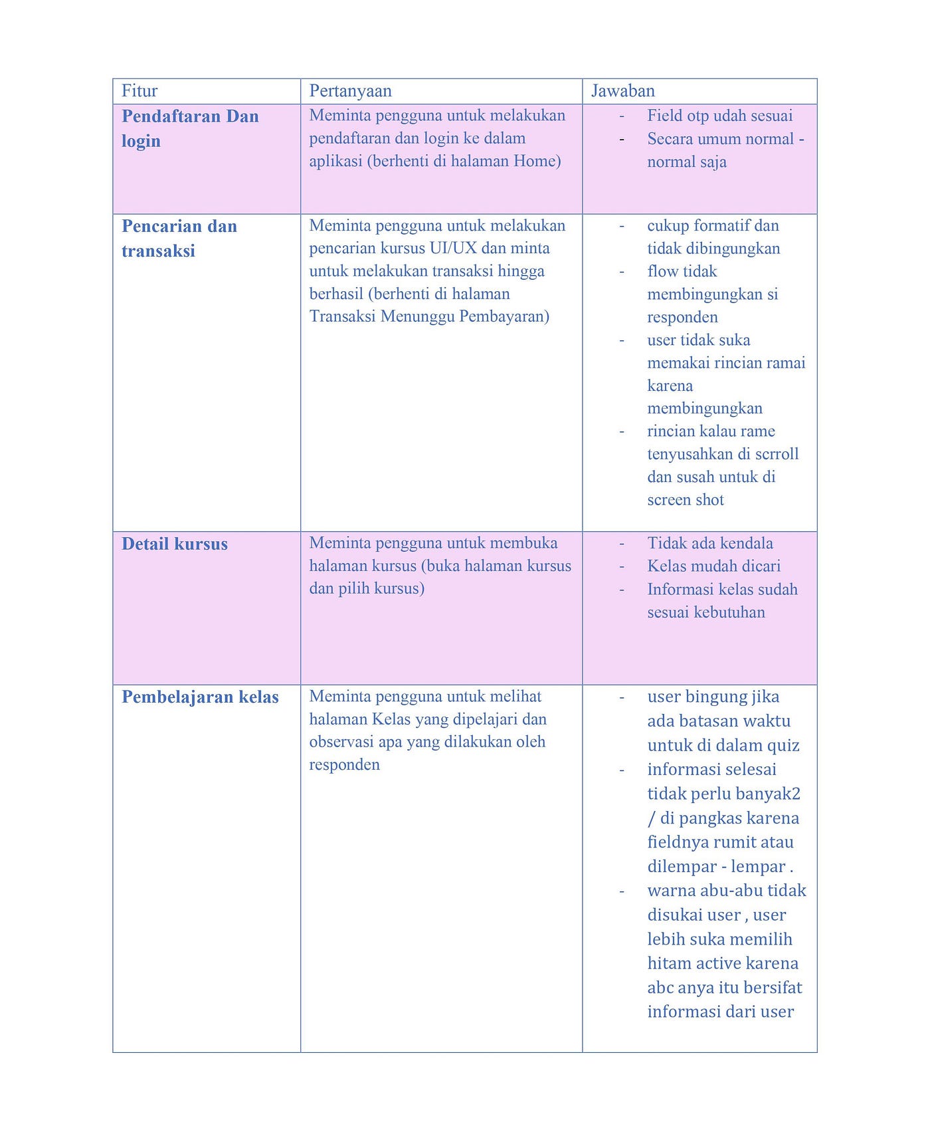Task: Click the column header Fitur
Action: [139, 91]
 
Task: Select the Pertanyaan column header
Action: [350, 91]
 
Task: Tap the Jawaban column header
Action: [623, 91]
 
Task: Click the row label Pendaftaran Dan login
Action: [189, 128]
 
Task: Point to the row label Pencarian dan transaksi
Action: [179, 238]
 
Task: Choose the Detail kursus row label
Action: [175, 544]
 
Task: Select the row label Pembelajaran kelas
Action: [200, 697]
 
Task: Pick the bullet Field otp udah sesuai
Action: [719, 116]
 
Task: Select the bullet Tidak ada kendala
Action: [710, 543]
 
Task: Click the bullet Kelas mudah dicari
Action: [713, 566]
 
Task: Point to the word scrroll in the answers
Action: [777, 454]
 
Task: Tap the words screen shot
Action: [686, 500]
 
